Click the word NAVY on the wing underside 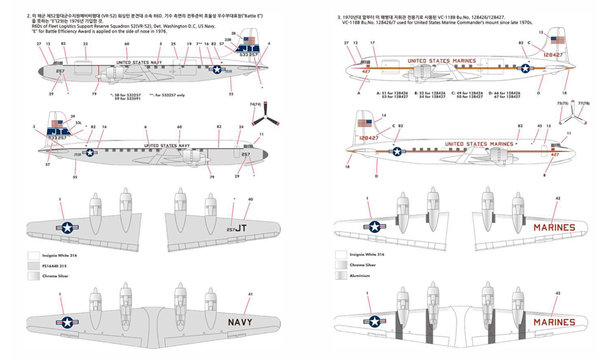coord(243,321)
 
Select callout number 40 coord(250,200)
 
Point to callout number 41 coord(250,293)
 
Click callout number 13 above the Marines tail coord(540,32)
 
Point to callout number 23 coord(85,44)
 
